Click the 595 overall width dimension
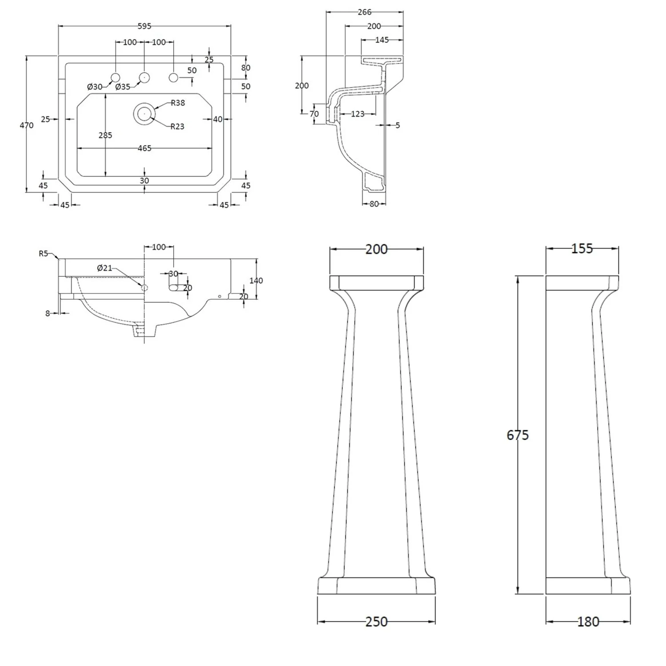pyautogui.click(x=144, y=26)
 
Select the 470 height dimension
pyautogui.click(x=27, y=126)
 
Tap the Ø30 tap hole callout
pyautogui.click(x=95, y=87)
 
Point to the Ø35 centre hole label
pyautogui.click(x=123, y=87)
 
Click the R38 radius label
pyautogui.click(x=178, y=103)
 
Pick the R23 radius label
pyautogui.click(x=177, y=127)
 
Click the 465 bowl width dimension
pyautogui.click(x=144, y=148)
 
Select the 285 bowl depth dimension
pyautogui.click(x=105, y=135)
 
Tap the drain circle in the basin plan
pyautogui.click(x=144, y=114)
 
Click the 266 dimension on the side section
pyautogui.click(x=365, y=12)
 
